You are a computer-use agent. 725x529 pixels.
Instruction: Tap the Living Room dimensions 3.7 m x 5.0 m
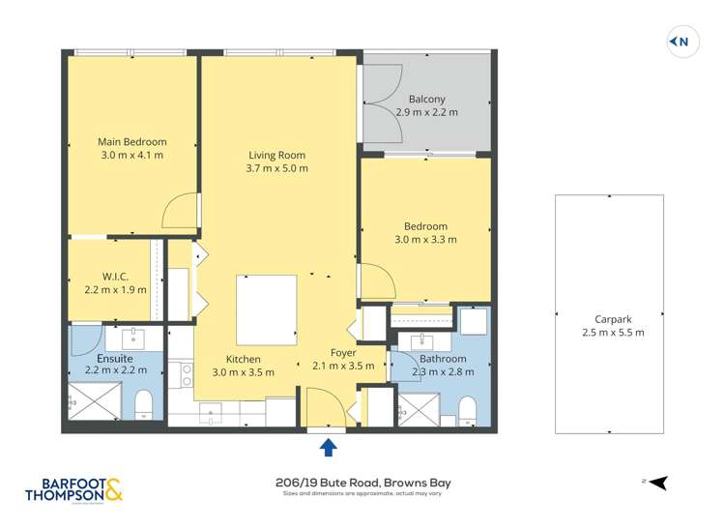(276, 168)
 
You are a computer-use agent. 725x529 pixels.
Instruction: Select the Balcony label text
(426, 99)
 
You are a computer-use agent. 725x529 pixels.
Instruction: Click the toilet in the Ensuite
(143, 404)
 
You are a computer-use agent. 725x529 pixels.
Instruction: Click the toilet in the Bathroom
(467, 410)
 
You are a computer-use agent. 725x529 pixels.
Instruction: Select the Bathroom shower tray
(420, 410)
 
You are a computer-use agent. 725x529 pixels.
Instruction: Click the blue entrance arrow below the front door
(328, 446)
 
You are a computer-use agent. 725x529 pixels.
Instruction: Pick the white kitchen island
(267, 309)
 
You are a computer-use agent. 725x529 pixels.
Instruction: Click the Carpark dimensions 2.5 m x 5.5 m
(608, 332)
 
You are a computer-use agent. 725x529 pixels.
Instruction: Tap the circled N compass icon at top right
(682, 42)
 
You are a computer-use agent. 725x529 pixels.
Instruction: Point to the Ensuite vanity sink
(132, 338)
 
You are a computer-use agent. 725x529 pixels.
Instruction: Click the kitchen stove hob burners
(181, 373)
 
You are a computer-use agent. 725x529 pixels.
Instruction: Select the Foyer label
(343, 352)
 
